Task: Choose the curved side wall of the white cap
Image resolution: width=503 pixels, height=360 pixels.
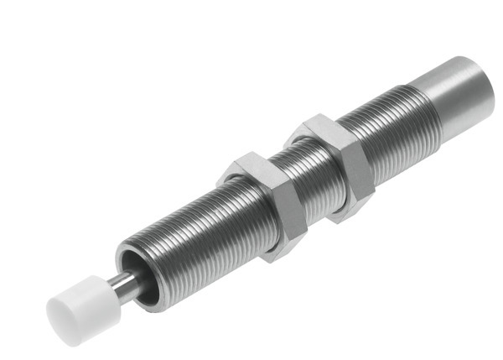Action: coord(84,294)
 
